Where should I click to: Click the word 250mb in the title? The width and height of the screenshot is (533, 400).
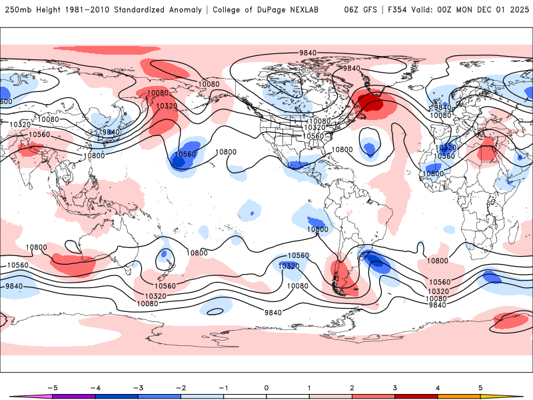17,10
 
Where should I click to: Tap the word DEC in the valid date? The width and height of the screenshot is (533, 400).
474,10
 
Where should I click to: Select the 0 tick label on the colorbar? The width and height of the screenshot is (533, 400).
266,387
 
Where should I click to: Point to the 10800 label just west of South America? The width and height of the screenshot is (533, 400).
318,229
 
